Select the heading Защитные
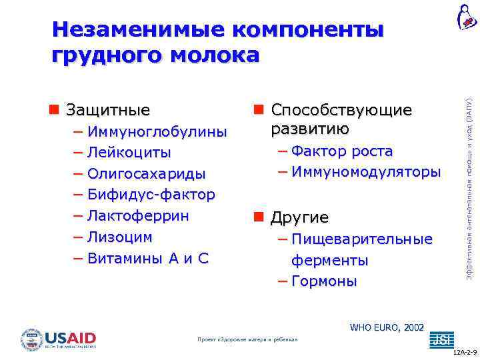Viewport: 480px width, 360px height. pyautogui.click(x=108, y=109)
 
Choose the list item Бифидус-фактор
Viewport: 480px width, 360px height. pyautogui.click(x=151, y=195)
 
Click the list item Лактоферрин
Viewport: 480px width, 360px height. pyautogui.click(x=138, y=216)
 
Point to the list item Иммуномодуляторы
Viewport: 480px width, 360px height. pyautogui.click(x=365, y=172)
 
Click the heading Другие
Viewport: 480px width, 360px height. pyautogui.click(x=299, y=218)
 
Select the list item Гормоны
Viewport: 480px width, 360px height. pyautogui.click(x=324, y=281)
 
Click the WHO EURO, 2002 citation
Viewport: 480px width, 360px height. pyautogui.click(x=387, y=327)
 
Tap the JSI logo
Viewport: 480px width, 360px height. pyautogui.click(x=441, y=340)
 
